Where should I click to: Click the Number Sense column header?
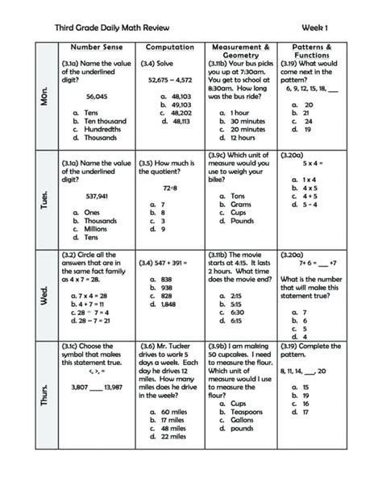click(x=95, y=48)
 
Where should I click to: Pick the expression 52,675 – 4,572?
click(x=170, y=80)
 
